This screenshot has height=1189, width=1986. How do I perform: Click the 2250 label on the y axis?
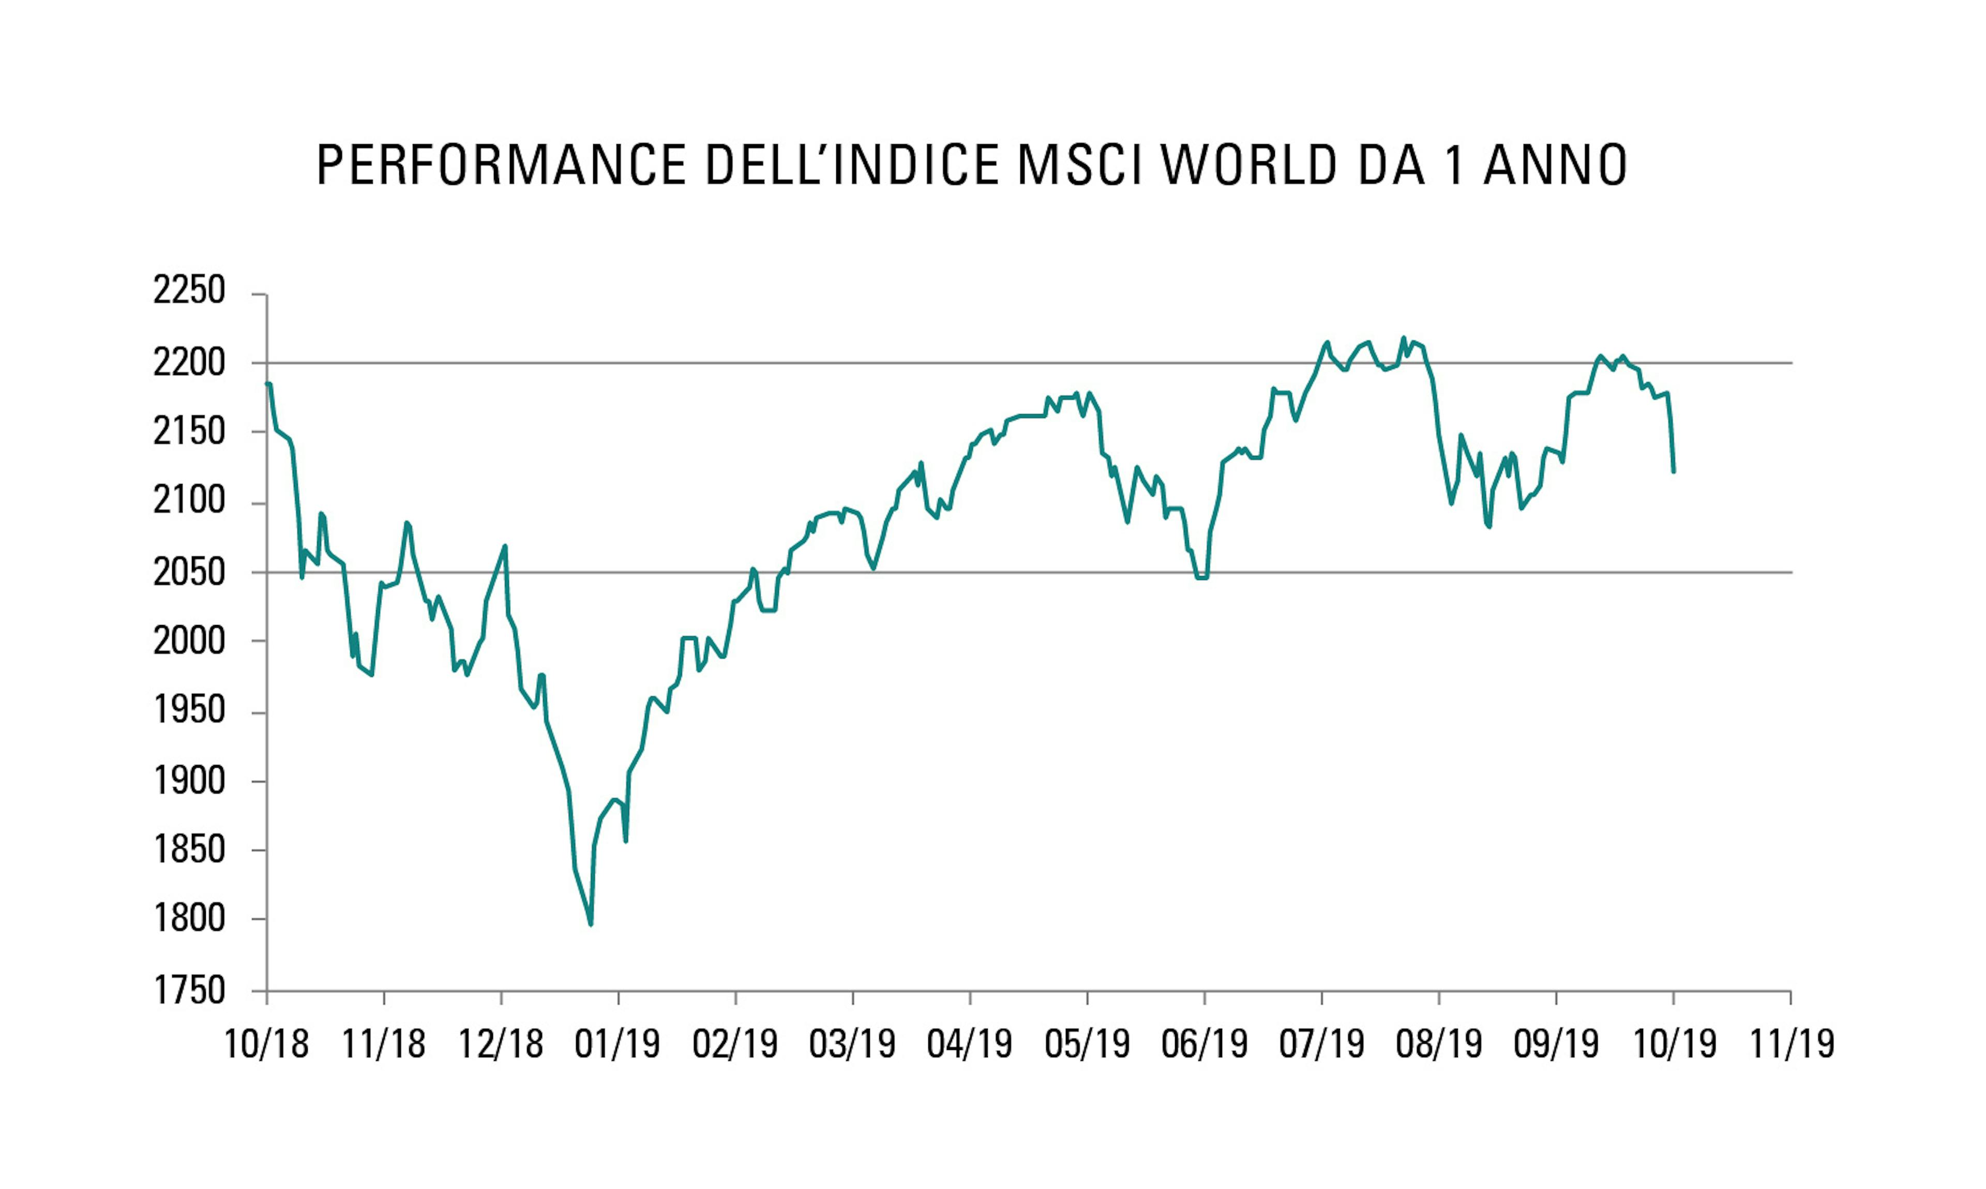point(189,291)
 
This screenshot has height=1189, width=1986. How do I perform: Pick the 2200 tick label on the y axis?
point(189,363)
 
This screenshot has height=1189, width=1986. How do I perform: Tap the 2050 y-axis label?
point(189,572)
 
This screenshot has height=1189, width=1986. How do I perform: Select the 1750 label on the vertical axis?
point(189,990)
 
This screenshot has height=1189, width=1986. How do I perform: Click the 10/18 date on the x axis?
point(266,1044)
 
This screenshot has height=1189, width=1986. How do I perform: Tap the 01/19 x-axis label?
point(618,1044)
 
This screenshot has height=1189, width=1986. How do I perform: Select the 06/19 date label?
point(1205,1044)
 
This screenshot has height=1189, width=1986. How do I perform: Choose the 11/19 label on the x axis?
point(1791,1044)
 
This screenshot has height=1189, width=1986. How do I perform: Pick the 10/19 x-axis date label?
point(1674,1044)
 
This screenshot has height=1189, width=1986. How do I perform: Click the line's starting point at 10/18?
point(268,384)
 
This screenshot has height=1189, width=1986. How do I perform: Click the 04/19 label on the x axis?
point(970,1044)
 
